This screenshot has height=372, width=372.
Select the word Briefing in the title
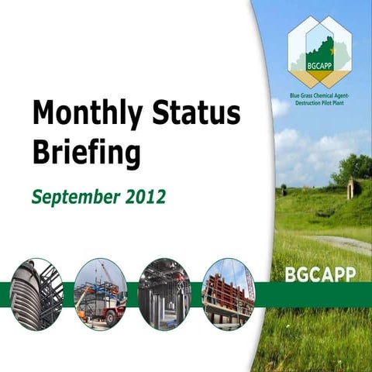(86, 153)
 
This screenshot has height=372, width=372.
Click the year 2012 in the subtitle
(144, 197)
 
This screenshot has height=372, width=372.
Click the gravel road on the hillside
(341, 242)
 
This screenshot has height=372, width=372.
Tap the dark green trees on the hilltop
(353, 167)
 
